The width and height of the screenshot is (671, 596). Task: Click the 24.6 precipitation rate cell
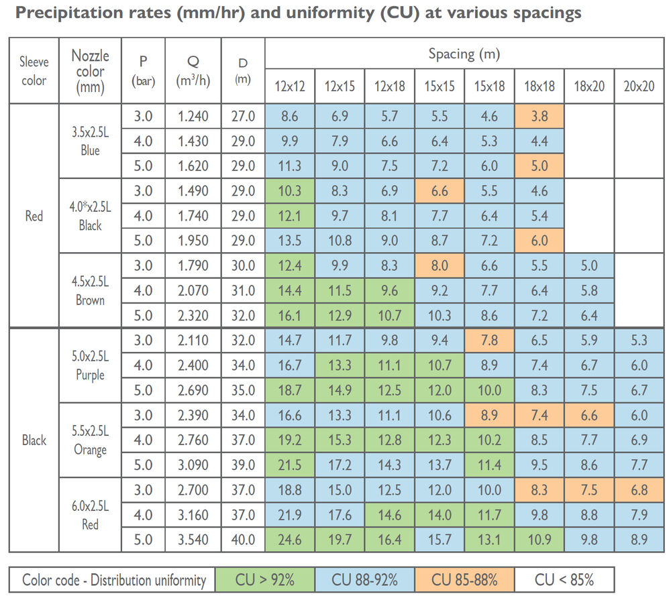[290, 540]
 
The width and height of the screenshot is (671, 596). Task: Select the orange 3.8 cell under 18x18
[539, 116]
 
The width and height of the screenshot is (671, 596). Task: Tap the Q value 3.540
[193, 540]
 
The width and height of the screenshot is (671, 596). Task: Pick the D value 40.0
[243, 540]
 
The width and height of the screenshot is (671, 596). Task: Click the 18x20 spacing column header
[589, 86]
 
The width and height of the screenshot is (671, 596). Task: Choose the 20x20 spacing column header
[639, 86]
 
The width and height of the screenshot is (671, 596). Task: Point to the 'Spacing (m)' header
[464, 54]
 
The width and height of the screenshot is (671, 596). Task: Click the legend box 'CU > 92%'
[265, 580]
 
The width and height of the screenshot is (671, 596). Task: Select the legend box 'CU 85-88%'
[464, 580]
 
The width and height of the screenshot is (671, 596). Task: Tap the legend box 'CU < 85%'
[564, 580]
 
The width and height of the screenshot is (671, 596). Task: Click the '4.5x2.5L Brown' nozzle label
[90, 291]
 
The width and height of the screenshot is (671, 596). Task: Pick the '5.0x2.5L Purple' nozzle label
[90, 365]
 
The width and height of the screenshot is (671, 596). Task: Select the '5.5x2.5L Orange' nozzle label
[90, 440]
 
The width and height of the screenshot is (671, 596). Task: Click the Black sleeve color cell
[34, 440]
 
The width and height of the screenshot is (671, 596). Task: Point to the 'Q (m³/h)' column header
[193, 71]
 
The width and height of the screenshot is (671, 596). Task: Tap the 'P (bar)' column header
[144, 71]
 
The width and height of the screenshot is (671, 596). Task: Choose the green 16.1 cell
[290, 316]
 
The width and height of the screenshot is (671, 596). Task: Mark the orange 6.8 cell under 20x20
[639, 490]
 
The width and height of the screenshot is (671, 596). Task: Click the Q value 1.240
[193, 116]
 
